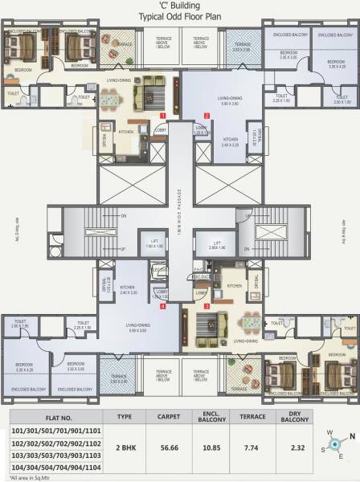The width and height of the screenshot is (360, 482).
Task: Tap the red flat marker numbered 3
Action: (207, 306)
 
